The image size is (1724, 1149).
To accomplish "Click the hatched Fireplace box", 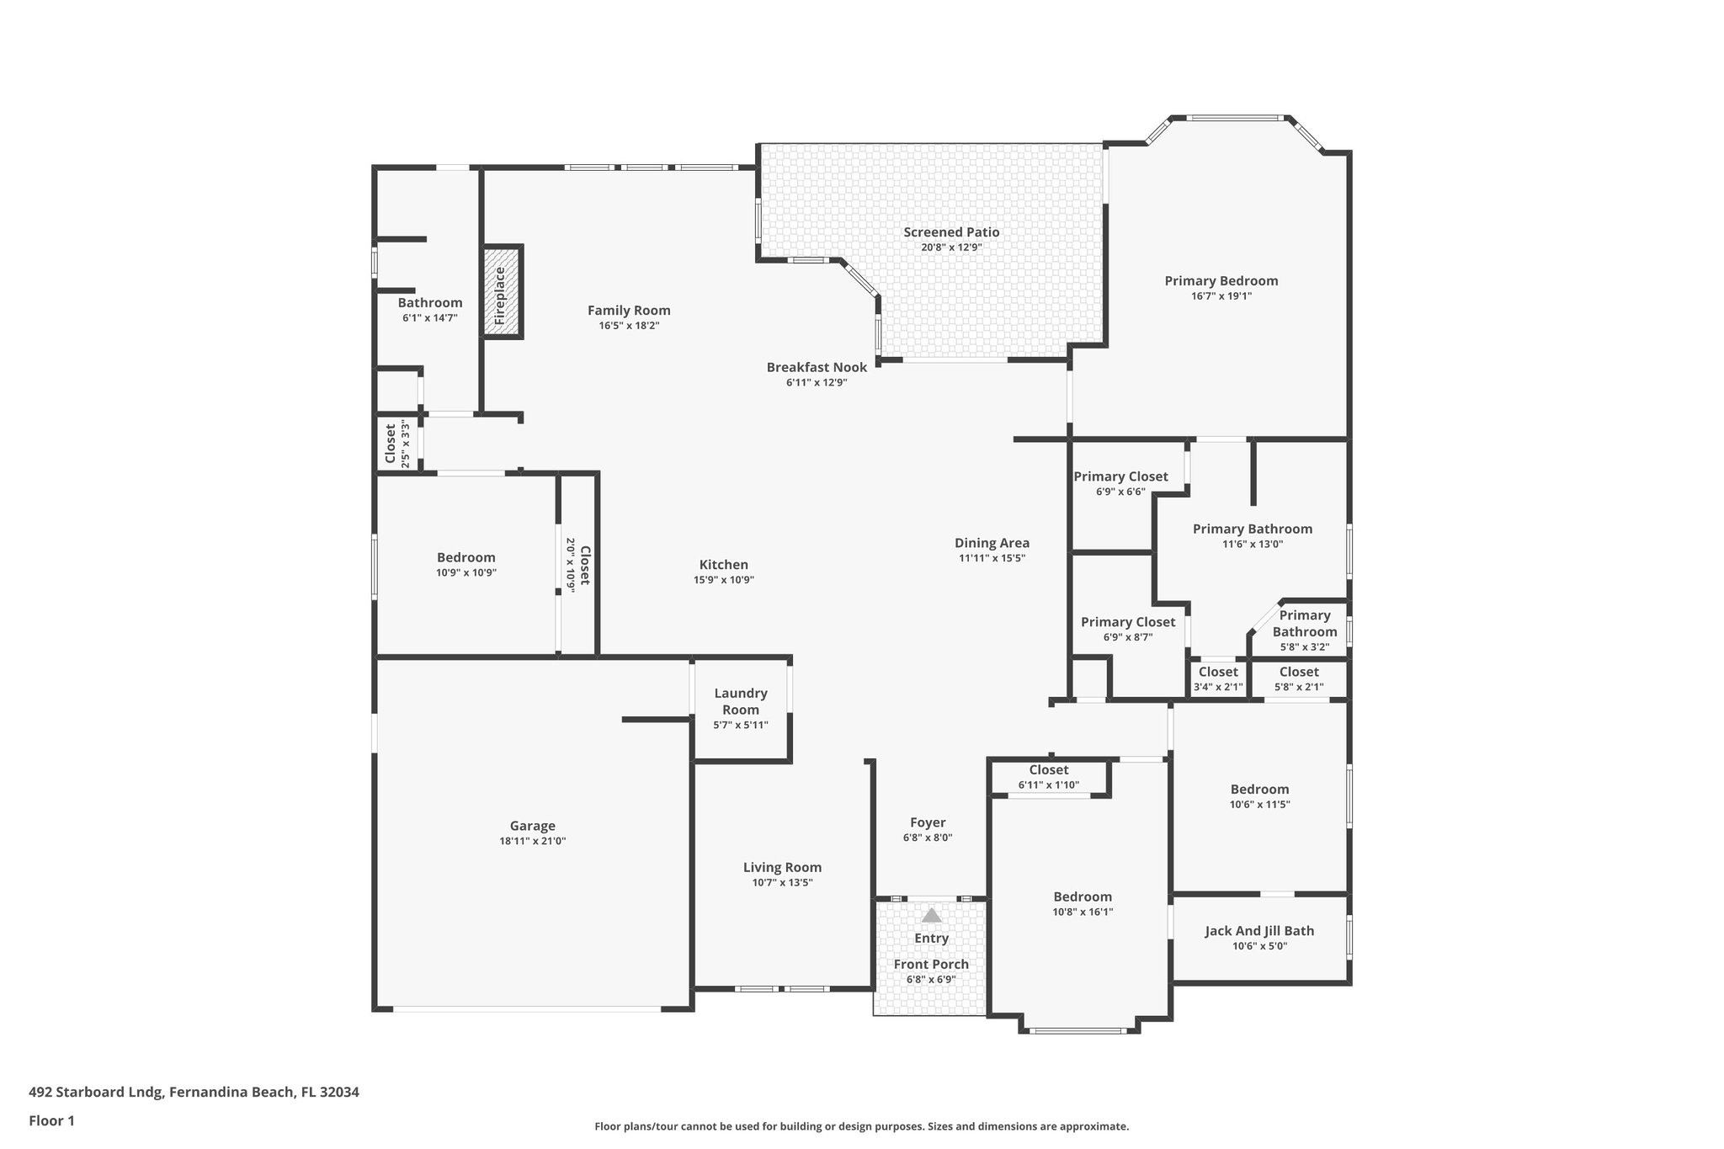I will (x=503, y=292).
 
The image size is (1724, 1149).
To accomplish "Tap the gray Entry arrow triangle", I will (x=931, y=915).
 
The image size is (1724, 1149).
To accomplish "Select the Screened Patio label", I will (x=951, y=232).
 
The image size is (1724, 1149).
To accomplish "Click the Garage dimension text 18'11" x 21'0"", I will (x=532, y=841).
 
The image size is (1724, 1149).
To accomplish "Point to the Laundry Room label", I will (x=740, y=701).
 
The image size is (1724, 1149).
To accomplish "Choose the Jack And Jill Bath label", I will (x=1258, y=931).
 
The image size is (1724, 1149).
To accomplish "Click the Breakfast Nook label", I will (x=816, y=368).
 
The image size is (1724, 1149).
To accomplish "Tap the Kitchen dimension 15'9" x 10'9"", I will (x=723, y=580).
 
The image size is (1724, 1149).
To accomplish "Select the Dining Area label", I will (x=992, y=543).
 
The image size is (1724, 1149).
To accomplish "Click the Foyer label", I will (x=927, y=822).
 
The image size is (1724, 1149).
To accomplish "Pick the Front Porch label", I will (x=930, y=965).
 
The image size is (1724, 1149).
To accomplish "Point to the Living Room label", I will (x=782, y=868).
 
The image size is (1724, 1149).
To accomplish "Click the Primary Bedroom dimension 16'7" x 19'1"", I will (x=1221, y=296).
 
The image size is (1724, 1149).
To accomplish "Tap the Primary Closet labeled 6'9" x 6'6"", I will (x=1120, y=477).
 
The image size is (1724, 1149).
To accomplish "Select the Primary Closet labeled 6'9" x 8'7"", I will (x=1127, y=622).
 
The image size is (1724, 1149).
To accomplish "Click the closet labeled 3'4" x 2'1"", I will (x=1217, y=673).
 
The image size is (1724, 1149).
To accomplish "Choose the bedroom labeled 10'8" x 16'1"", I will (x=1083, y=897).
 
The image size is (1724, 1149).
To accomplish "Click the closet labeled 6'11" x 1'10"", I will (x=1048, y=770).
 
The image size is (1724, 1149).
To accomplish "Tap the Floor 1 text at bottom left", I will (x=51, y=1121).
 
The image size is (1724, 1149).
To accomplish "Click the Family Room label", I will (x=629, y=311).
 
